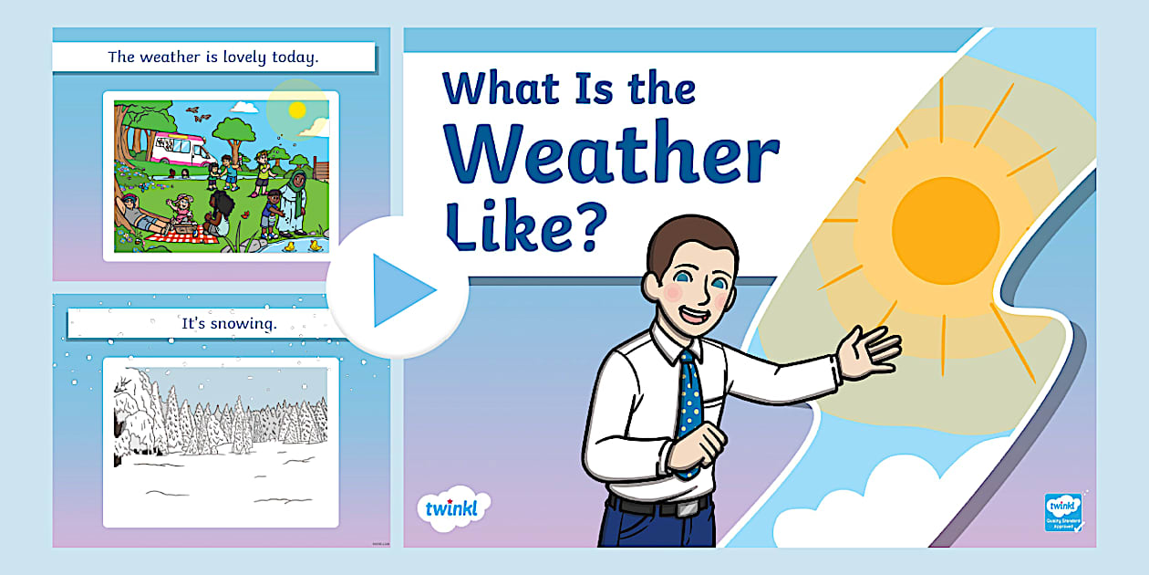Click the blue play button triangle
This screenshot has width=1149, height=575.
402,290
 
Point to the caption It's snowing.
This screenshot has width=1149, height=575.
229,322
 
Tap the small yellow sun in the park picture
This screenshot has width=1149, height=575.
296,110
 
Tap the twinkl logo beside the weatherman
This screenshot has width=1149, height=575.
452,507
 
